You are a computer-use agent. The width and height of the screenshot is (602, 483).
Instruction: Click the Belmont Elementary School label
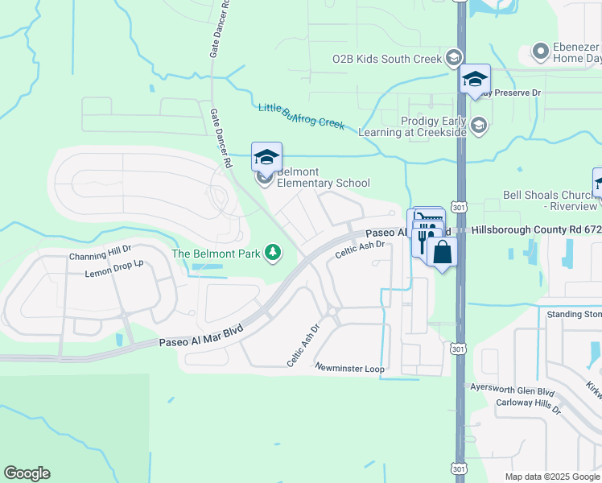(x=323, y=178)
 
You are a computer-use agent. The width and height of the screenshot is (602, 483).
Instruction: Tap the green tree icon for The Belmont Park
(x=274, y=254)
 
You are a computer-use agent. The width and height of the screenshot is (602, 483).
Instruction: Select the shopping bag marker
(x=442, y=252)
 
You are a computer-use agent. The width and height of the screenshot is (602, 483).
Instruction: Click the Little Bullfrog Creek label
(x=301, y=116)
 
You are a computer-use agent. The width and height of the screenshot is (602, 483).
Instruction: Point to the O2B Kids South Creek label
(x=387, y=59)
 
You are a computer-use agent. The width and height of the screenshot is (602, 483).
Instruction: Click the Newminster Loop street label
(x=350, y=368)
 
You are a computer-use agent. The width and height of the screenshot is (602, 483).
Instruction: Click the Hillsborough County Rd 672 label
(x=535, y=229)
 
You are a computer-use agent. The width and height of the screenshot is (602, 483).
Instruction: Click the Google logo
(x=27, y=473)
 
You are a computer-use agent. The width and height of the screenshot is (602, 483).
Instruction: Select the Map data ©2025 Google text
(x=551, y=477)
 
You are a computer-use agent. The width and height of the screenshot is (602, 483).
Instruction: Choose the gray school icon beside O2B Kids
(x=453, y=58)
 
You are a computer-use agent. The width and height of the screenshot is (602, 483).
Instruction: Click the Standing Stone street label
(x=574, y=314)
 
